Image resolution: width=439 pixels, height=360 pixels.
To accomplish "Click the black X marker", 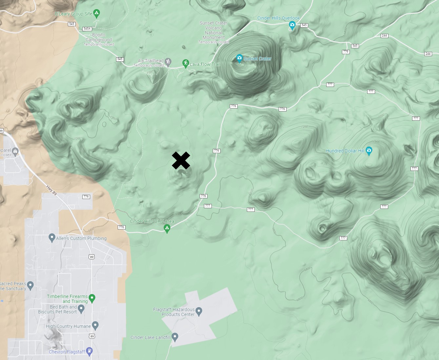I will tap(181, 161).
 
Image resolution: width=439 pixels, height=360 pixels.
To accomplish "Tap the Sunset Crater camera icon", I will tap(239, 58).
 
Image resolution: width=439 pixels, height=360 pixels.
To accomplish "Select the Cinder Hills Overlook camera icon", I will tap(292, 25).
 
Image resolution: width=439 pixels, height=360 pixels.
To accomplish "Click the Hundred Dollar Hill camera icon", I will tap(369, 151).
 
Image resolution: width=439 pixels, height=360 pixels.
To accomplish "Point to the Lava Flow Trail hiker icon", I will tap(186, 63).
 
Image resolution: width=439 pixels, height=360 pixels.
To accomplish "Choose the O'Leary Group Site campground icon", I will tap(96, 13).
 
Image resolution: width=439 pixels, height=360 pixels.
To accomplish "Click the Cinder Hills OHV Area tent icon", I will tap(167, 228).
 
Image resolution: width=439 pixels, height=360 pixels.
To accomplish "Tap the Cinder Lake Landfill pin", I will tap(175, 336).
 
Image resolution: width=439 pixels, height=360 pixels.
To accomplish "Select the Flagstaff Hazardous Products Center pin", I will tap(199, 310).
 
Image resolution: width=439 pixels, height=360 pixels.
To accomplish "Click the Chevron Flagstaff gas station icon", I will tap(89, 351).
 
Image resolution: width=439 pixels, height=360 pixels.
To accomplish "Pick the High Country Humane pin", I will tap(95, 325).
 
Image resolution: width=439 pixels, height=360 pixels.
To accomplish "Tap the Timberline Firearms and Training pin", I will tap(92, 298).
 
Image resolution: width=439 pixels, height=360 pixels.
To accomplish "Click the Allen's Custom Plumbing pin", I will tap(51, 238).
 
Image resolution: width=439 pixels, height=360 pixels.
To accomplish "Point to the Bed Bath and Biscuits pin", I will tap(81, 308).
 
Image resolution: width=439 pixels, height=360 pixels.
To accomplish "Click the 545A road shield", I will tap(87, 29).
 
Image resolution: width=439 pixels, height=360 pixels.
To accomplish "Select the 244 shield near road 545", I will tap(384, 36).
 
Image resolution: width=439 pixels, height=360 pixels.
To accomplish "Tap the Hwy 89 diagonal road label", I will tap(51, 190).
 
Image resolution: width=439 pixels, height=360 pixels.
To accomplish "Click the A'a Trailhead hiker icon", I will tap(168, 61).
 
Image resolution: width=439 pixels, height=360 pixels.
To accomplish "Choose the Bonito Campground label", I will tap(99, 37).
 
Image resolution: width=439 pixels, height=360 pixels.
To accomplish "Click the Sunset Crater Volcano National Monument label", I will tap(213, 30).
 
